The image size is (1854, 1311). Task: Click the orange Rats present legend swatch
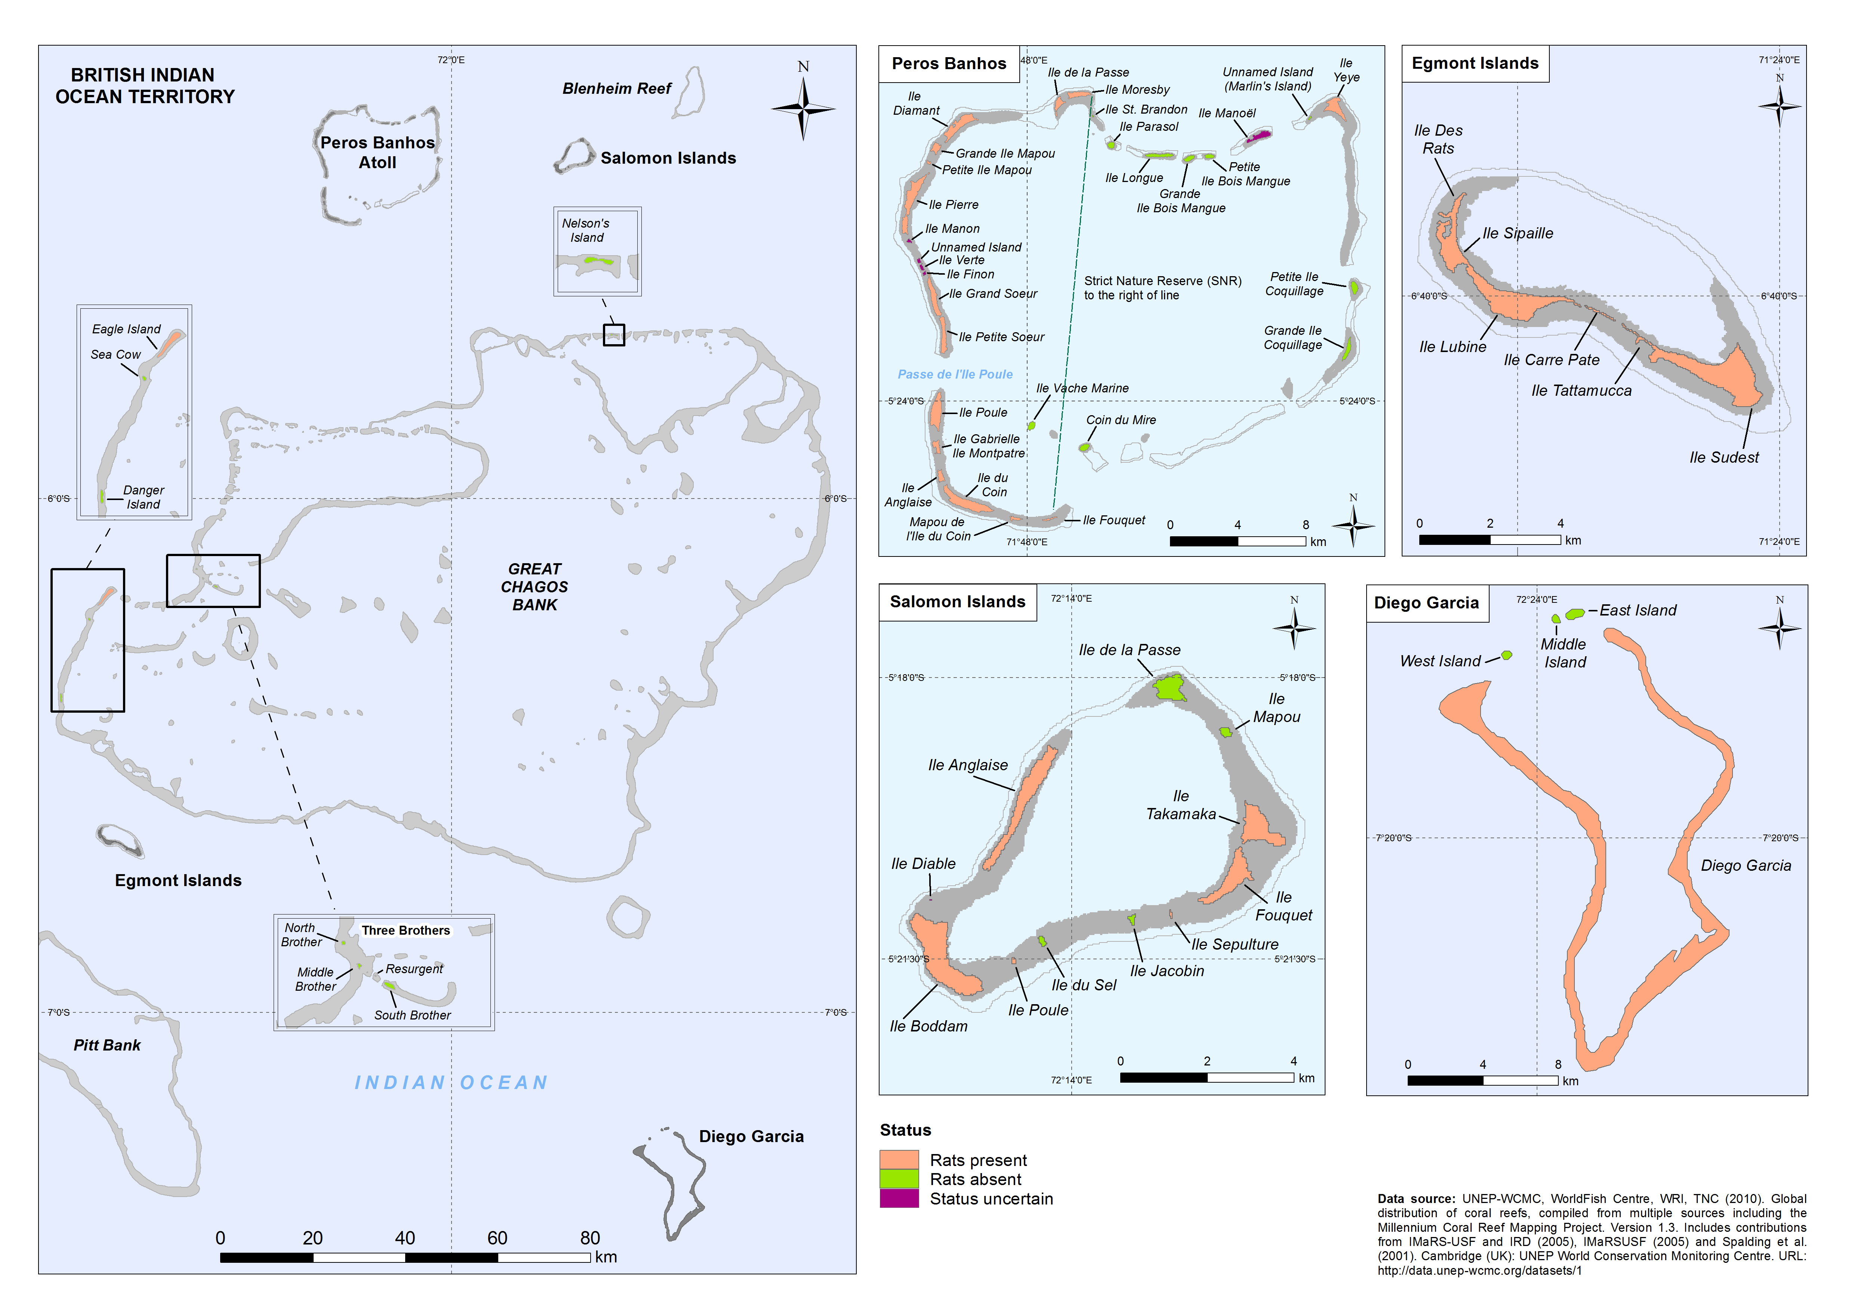tap(899, 1160)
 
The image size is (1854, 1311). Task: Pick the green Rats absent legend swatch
tap(899, 1179)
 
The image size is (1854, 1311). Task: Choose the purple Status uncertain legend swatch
tap(899, 1199)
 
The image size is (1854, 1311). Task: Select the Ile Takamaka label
tap(1180, 806)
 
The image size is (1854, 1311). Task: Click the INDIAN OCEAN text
tap(452, 1083)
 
